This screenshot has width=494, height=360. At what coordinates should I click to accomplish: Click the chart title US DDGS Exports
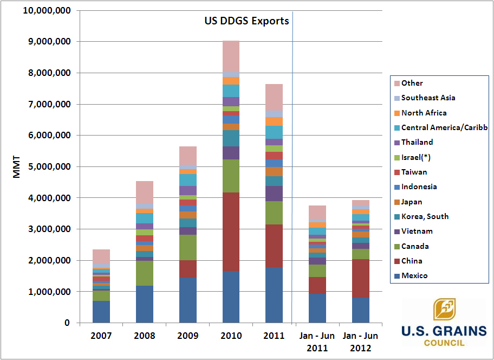pos(246,21)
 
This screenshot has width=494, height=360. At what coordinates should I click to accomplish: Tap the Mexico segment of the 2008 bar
pos(145,304)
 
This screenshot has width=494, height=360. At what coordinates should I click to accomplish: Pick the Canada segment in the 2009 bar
pos(188,247)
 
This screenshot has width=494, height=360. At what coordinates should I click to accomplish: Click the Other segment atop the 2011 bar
pos(274,97)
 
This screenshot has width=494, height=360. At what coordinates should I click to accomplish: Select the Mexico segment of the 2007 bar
pos(101,312)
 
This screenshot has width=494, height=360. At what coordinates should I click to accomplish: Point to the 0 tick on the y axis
pos(67,323)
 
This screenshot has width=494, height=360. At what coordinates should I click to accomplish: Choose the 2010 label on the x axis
pos(231,336)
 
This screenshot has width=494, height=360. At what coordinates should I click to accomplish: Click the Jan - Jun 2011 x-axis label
pos(317,342)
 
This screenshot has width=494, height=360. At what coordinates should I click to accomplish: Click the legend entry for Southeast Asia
pos(428,98)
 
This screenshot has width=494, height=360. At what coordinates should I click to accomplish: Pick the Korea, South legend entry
pos(425,216)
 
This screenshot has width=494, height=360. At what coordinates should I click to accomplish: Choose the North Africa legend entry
pos(424,113)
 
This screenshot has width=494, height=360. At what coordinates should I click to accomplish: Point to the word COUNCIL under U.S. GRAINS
pos(440,343)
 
